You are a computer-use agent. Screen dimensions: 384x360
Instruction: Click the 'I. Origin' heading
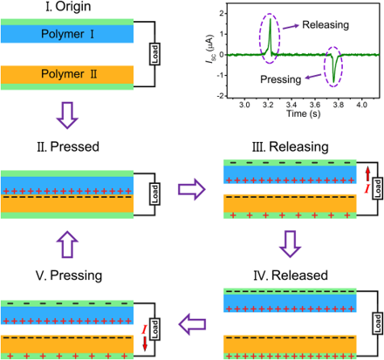[x=68, y=6]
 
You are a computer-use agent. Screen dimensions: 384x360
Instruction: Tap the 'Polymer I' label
[x=67, y=34]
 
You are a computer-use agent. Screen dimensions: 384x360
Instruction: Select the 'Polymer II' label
[x=69, y=74]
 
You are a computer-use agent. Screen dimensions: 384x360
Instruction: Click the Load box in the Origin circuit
[x=154, y=54]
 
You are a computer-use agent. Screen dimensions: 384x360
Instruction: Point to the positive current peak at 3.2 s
[x=270, y=19]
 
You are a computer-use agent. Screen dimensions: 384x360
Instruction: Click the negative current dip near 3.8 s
[x=333, y=81]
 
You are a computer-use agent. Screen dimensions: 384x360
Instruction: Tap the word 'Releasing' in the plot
[x=326, y=24]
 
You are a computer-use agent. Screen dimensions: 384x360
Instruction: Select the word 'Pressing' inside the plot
[x=281, y=79]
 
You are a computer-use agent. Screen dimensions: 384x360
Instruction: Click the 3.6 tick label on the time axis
[x=315, y=105]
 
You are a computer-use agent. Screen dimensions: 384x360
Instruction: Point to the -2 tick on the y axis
[x=221, y=96]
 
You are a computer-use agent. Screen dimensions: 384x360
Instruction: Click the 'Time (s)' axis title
[x=304, y=113]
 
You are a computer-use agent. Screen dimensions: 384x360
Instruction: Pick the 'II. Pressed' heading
[x=68, y=146]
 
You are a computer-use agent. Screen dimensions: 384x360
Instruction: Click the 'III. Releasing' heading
[x=291, y=146]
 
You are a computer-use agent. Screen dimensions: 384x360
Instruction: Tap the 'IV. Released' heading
[x=291, y=275]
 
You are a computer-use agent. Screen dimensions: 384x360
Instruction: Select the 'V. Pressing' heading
[x=69, y=275]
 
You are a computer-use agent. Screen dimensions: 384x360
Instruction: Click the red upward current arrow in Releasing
[x=367, y=173]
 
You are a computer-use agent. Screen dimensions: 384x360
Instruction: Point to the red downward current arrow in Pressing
[x=145, y=343]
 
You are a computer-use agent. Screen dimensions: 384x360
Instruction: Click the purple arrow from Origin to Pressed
[x=67, y=115]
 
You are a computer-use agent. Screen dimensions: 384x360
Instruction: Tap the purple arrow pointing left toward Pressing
[x=192, y=324]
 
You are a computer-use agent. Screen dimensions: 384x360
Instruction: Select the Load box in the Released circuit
[x=378, y=323]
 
